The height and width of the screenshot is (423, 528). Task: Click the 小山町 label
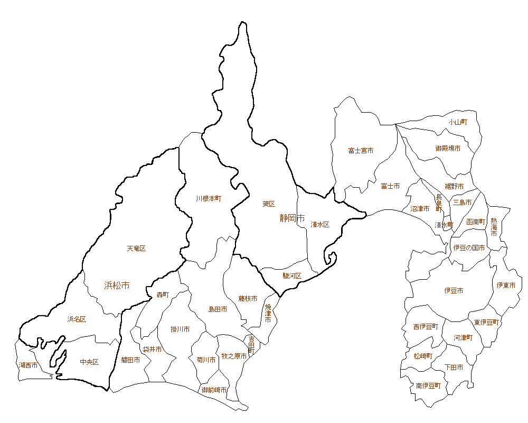coord(458,122)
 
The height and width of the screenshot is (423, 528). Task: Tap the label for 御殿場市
coord(448,149)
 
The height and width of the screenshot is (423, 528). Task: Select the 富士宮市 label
coord(361,151)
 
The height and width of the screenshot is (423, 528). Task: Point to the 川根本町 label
coord(208,199)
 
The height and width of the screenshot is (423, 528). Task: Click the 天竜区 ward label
coord(136,249)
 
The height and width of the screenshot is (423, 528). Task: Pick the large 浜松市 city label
coord(117,286)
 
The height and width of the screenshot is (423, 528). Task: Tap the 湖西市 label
coord(28,365)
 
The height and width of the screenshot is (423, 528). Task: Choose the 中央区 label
coord(89,362)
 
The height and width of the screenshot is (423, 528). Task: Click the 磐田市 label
coord(130,360)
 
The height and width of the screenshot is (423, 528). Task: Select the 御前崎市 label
coord(214,390)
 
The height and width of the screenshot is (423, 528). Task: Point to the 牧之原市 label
coord(234,357)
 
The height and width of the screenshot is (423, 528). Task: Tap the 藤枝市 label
coord(248,299)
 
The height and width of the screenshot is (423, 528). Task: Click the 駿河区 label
coord(291,276)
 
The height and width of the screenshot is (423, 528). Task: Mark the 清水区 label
coord(320,225)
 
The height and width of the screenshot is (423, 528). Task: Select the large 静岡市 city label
coord(292,218)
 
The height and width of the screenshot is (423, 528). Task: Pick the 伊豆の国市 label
coord(469,247)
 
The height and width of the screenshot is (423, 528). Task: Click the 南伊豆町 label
coord(428,386)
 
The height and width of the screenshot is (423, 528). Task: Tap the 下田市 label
coord(454,367)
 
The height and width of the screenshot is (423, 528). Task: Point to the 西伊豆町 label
coord(426,327)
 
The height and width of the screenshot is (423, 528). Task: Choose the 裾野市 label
coord(454,187)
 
